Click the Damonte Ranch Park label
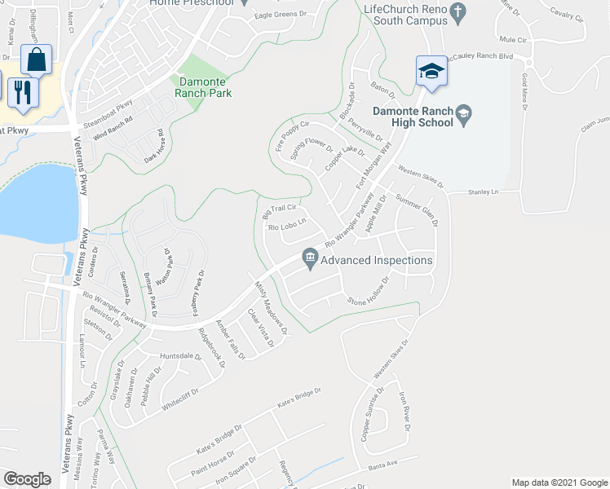click(203, 87)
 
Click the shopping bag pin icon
click(36, 59)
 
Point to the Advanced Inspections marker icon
click(310, 260)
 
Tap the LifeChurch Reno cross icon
click(458, 12)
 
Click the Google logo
click(28, 478)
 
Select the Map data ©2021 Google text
click(559, 482)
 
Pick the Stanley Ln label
click(483, 192)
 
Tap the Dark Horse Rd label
click(154, 144)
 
